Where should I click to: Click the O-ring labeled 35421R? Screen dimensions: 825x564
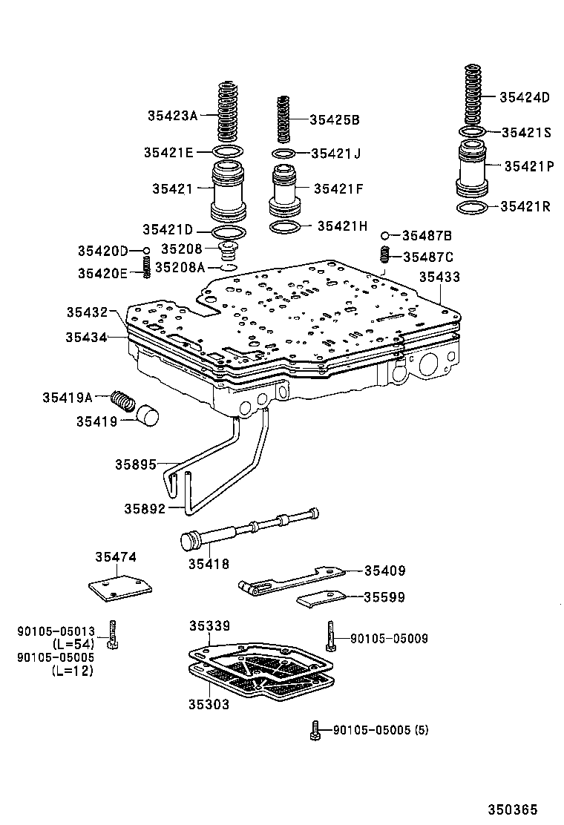473,207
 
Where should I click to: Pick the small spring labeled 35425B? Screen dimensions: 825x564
283,119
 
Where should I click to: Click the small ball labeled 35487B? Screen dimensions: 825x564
385,236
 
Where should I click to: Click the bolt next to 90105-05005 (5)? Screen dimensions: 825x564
316,730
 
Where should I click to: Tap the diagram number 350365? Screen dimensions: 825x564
512,809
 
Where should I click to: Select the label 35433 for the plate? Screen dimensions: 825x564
439,277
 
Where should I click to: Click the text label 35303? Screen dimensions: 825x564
209,705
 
